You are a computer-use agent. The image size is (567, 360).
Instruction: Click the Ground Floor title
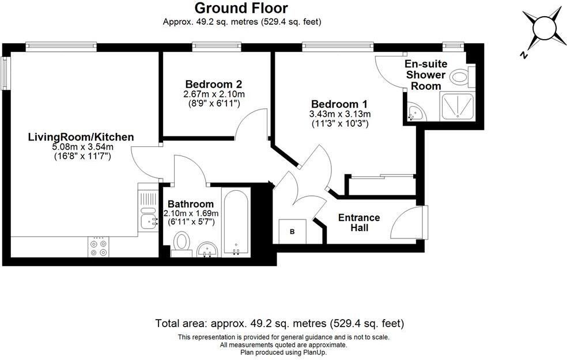pyautogui.click(x=241, y=7)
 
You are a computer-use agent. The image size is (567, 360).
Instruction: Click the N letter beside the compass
pyautogui.click(x=523, y=55)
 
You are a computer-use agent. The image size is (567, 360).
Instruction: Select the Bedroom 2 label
pyautogui.click(x=213, y=84)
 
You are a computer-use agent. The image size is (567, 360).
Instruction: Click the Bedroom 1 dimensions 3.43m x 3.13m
pyautogui.click(x=339, y=114)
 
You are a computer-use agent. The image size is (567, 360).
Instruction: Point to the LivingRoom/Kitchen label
pyautogui.click(x=81, y=137)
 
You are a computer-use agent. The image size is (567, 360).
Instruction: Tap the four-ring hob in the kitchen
pyautogui.click(x=99, y=247)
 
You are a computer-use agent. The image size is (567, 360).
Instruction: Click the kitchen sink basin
pyautogui.click(x=148, y=222)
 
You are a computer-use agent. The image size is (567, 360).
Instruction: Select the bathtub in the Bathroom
pyautogui.click(x=236, y=222)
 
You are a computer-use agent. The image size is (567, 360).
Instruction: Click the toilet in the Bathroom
pyautogui.click(x=182, y=244)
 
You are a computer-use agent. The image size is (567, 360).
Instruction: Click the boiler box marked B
pyautogui.click(x=292, y=232)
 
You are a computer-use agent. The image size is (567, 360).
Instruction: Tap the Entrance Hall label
pyautogui.click(x=359, y=223)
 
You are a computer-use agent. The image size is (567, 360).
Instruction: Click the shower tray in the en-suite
pyautogui.click(x=458, y=106)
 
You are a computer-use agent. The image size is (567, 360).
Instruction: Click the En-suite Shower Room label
pyautogui.click(x=426, y=75)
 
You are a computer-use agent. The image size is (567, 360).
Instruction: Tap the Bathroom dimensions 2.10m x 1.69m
pyautogui.click(x=191, y=213)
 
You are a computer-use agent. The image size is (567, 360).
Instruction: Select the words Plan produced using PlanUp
pyautogui.click(x=283, y=352)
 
